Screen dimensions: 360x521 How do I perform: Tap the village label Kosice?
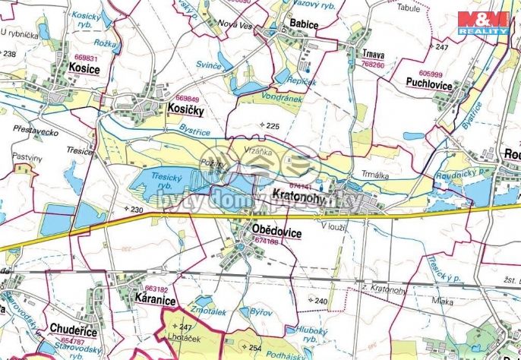84,69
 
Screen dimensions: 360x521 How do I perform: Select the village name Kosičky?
185,109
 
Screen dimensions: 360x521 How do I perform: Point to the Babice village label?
303,24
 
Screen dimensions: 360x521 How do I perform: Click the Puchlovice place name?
428,85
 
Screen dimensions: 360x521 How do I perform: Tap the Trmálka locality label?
375,175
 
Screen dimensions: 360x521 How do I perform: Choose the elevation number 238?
10,54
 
